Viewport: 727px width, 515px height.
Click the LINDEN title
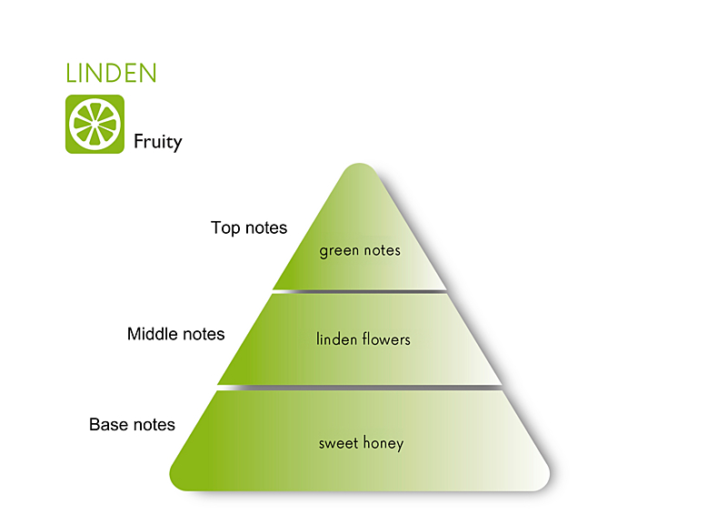(111, 74)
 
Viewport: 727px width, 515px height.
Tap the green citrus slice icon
(95, 124)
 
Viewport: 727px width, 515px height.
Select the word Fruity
(157, 142)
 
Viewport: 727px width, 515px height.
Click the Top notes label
(249, 227)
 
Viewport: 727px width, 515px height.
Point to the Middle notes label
(175, 334)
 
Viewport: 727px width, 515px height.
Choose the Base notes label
(132, 424)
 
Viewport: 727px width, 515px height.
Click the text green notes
(360, 251)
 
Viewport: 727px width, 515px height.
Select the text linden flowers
(363, 339)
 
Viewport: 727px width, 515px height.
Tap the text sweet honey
(361, 443)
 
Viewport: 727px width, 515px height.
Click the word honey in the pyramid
(383, 443)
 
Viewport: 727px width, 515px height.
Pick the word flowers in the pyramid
(386, 339)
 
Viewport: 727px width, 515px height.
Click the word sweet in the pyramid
(338, 443)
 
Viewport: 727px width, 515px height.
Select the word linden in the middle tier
(336, 339)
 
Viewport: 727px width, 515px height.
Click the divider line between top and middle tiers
(360, 291)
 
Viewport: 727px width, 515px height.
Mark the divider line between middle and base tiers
(360, 388)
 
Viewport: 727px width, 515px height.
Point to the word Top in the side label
(225, 228)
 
